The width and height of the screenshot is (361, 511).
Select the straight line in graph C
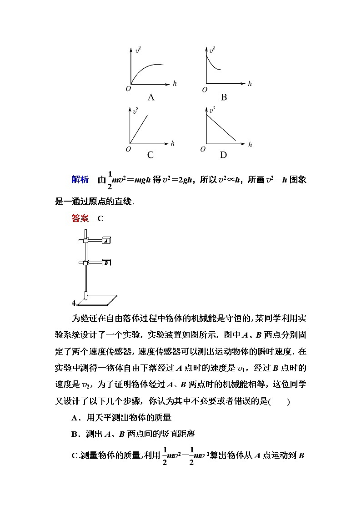[x=140, y=130]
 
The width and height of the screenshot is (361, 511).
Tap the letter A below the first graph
[x=151, y=97]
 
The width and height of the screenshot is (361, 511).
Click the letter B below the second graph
[x=224, y=97]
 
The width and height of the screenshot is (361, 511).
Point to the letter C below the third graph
[x=150, y=155]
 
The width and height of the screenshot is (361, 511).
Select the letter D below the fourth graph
[x=223, y=155]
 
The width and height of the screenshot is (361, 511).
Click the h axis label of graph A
[x=175, y=83]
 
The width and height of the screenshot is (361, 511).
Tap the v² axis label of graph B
[x=211, y=50]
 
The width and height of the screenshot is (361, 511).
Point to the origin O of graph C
[x=128, y=149]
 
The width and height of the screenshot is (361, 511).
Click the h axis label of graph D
[x=250, y=145]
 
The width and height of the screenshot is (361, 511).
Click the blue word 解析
[x=80, y=179]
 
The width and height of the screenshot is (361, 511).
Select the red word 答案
[x=80, y=218]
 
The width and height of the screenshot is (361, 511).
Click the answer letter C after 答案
[x=100, y=218]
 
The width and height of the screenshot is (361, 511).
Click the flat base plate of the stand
[x=98, y=299]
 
